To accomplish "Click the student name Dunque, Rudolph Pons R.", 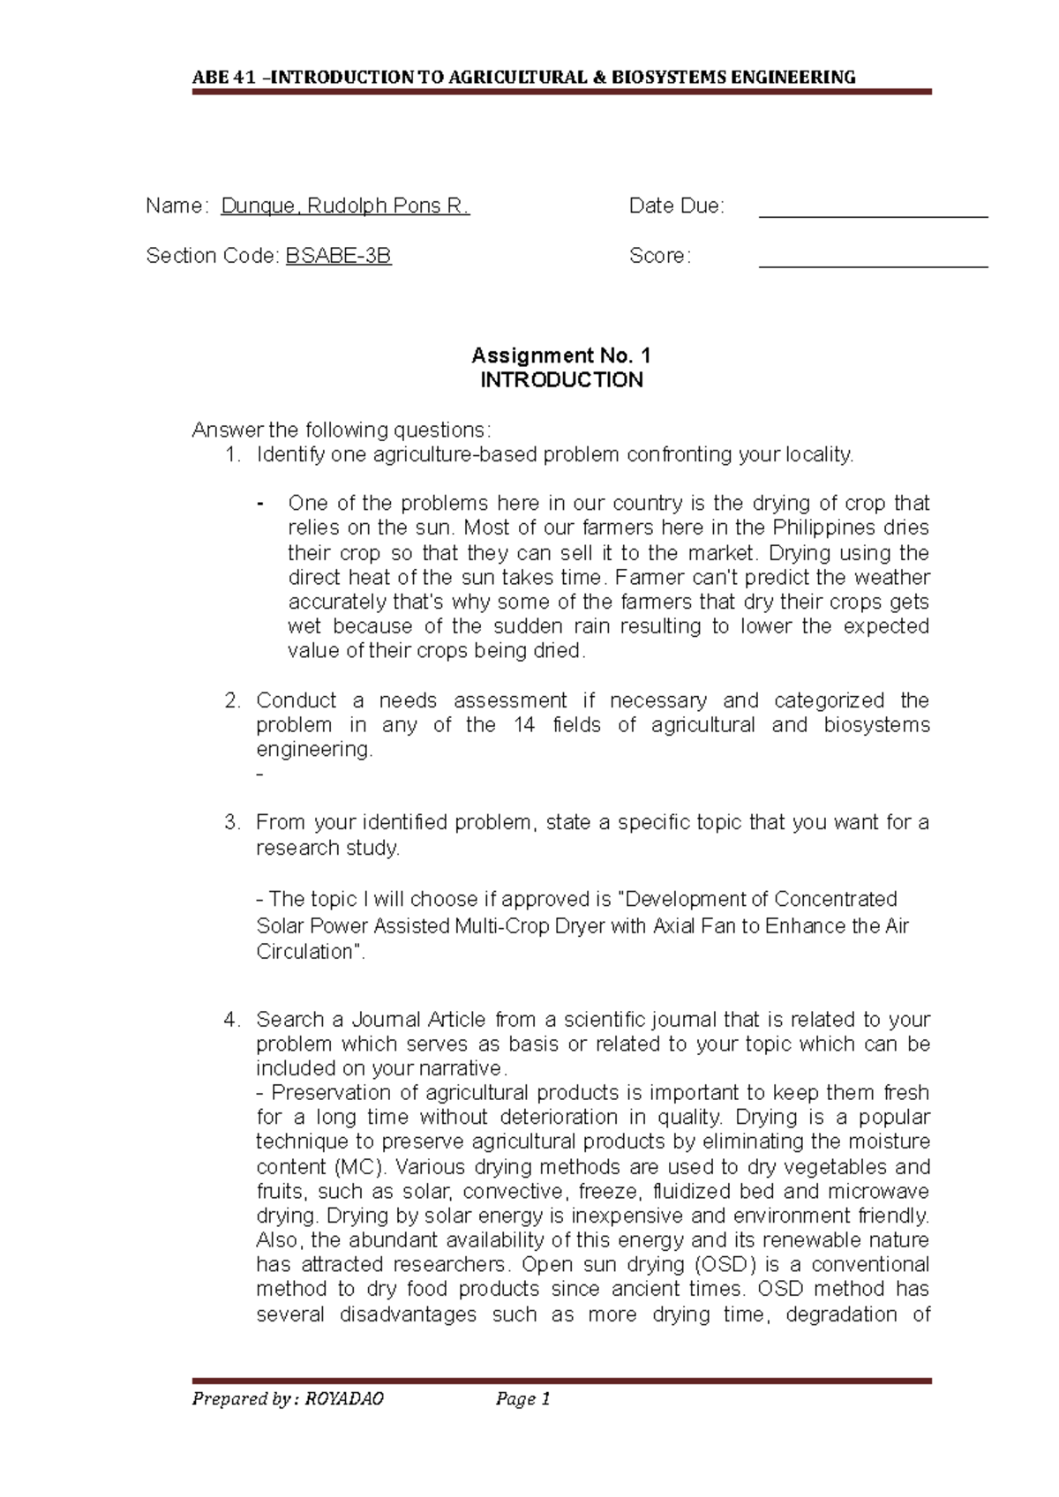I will pyautogui.click(x=345, y=206).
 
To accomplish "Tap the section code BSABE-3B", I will pyautogui.click(x=338, y=256).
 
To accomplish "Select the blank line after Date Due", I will pyautogui.click(x=873, y=212).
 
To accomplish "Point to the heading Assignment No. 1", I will pyautogui.click(x=560, y=356).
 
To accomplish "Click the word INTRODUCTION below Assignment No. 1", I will pyautogui.click(x=560, y=380).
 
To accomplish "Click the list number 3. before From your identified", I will pyautogui.click(x=232, y=822).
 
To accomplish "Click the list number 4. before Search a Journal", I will pyautogui.click(x=232, y=1020).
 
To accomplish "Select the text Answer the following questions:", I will pyautogui.click(x=339, y=430).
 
